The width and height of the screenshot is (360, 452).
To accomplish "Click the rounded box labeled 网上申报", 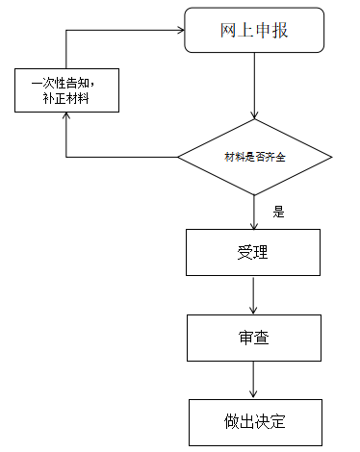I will coord(253,32).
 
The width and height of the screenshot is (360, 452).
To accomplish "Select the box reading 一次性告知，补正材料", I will coord(66,89).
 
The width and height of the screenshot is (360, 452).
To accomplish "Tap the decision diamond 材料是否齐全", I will coord(254,157).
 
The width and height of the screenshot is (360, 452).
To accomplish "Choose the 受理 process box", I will coord(253,253).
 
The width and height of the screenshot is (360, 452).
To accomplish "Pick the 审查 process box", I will coord(253,338).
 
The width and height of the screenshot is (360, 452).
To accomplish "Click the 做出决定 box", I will coord(253,421).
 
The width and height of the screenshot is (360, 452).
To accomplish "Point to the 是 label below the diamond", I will coord(279,213).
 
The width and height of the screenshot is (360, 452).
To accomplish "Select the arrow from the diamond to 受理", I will coord(254,211).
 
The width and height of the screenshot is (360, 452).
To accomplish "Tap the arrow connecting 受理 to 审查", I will coord(254,295).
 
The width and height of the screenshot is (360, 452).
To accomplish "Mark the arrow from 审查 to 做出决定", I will coord(254,380).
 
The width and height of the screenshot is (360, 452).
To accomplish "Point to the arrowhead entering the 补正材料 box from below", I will coord(66,117).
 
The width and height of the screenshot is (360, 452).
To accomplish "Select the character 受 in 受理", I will coord(244,253).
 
